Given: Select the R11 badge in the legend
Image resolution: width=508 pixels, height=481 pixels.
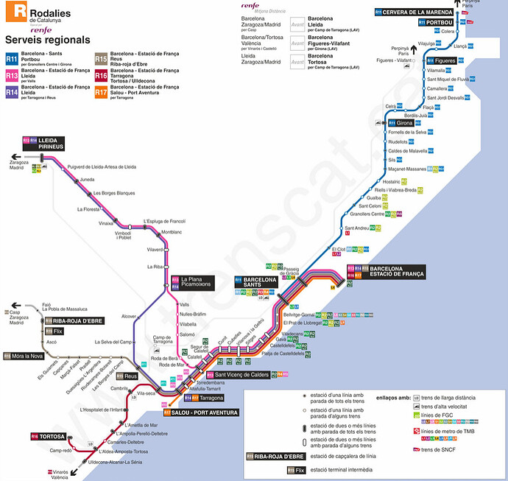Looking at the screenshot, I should [x=12, y=58].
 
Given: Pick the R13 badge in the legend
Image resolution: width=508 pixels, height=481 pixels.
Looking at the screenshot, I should [x=12, y=75].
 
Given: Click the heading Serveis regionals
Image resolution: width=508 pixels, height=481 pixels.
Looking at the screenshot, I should [x=47, y=40].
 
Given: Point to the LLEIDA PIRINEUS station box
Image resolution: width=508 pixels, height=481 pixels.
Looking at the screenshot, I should [x=49, y=143].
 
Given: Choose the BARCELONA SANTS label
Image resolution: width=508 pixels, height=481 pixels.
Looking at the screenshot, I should [x=261, y=283].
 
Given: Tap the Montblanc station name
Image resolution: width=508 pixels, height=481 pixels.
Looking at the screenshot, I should [x=172, y=232].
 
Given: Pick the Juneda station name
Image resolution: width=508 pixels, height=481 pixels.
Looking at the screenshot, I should [x=88, y=179].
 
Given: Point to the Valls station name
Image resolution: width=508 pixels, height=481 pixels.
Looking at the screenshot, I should [x=184, y=304].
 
